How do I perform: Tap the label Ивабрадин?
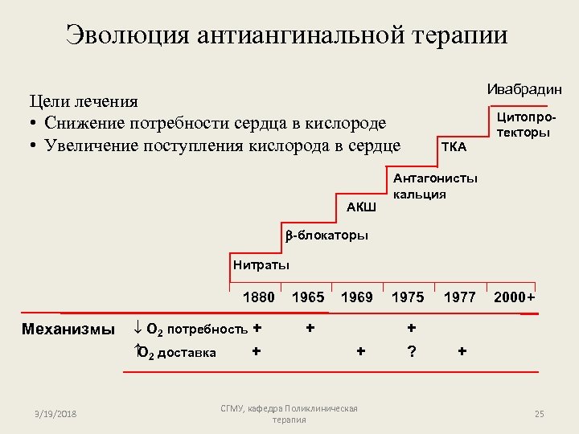[524, 89]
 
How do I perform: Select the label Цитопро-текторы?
[528, 125]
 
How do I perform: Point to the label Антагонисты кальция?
[434, 186]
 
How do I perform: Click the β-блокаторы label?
[326, 235]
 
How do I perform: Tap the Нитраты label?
[261, 265]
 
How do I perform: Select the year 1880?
[258, 297]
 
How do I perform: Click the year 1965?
[308, 297]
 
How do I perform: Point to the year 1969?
[357, 297]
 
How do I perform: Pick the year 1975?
[408, 297]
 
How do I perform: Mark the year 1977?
[460, 297]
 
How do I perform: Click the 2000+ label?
[515, 297]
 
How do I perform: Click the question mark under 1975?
[412, 351]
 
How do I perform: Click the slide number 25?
[540, 413]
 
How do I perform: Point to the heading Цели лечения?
[84, 102]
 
